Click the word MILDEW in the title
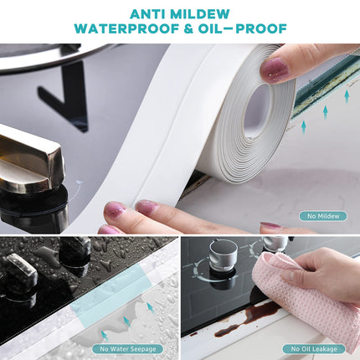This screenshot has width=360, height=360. point(200,14)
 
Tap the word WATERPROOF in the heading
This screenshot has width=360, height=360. point(126,28)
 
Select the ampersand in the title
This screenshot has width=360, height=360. point(188,28)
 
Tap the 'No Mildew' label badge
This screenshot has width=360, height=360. point(323,216)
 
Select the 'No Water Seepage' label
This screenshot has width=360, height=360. point(128,349)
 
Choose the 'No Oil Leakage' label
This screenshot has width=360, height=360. point(314,349)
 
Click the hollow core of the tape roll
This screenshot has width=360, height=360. point(257,111)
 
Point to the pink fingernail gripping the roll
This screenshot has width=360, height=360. point(274,69)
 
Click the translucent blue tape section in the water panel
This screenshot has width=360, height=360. point(111,293)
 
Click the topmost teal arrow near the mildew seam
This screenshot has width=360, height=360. point(347,96)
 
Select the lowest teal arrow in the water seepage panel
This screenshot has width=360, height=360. point(105,336)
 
